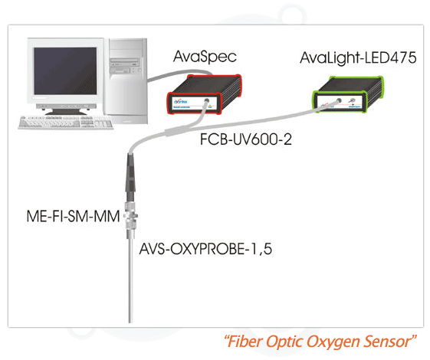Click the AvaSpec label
pos(205,57)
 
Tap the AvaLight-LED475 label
pos(358,57)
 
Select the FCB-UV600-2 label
pos(246,139)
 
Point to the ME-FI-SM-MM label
pos(74,216)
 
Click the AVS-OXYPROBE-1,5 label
pos(205,249)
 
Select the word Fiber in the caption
pos(245,342)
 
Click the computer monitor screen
pos(65,70)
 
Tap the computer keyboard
pos(66,123)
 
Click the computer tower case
pos(126,81)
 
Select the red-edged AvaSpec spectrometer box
pos(205,94)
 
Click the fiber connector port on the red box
pos(207,101)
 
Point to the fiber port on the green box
pos(339,100)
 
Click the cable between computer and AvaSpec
pos(179,74)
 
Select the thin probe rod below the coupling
pos(130,280)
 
